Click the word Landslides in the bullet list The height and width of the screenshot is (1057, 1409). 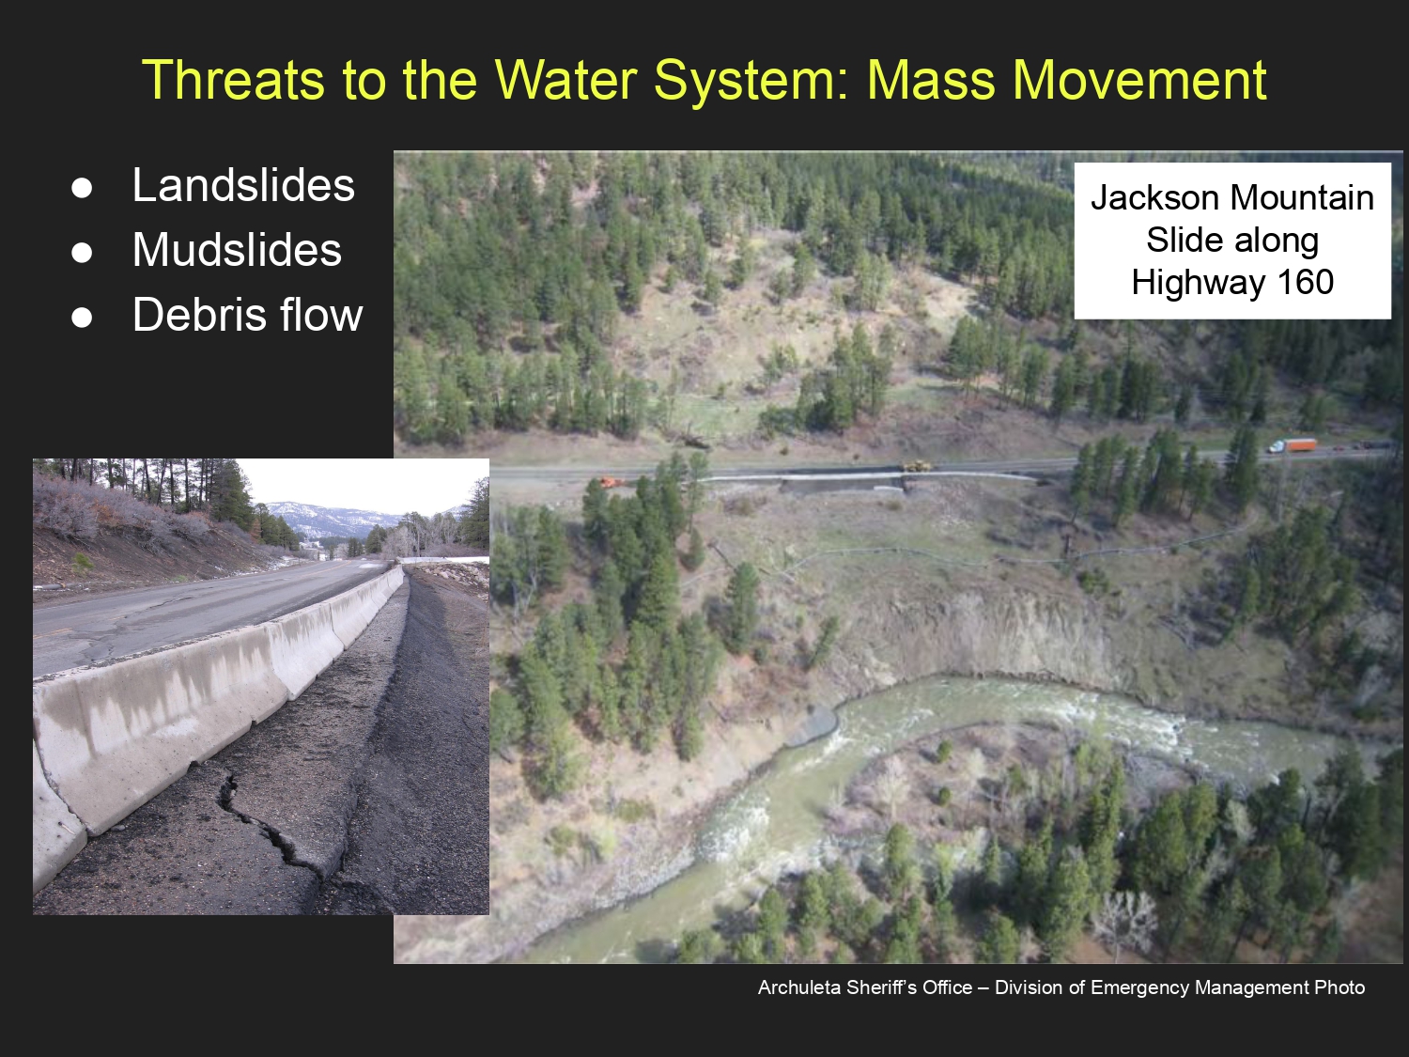pyautogui.click(x=243, y=185)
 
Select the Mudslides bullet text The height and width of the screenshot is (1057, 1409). pyautogui.click(x=237, y=249)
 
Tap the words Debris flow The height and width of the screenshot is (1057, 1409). pyautogui.click(x=248, y=315)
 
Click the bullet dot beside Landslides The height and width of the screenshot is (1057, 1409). pyautogui.click(x=82, y=188)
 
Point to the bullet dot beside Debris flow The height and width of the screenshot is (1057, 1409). pyautogui.click(x=82, y=317)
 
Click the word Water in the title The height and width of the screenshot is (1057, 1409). pyautogui.click(x=565, y=80)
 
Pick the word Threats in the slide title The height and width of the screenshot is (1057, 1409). pyautogui.click(x=233, y=80)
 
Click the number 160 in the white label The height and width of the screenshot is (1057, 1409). pyautogui.click(x=1305, y=283)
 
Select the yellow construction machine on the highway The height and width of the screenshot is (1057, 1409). pyautogui.click(x=918, y=466)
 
